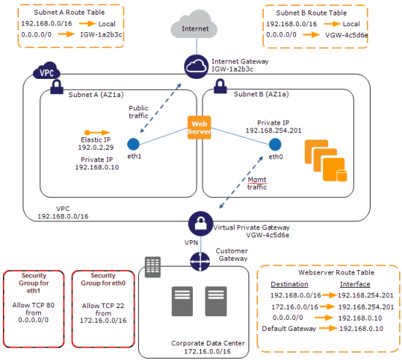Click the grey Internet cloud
point(194,25)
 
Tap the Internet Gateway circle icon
point(196,66)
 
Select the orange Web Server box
point(200,128)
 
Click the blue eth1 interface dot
point(133,145)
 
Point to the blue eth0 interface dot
point(275,145)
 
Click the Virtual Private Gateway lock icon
point(200,223)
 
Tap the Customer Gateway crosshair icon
point(200,261)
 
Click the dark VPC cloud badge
point(47,70)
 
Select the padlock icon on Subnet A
point(57,87)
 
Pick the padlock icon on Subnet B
point(220,86)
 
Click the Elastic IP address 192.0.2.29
point(96,148)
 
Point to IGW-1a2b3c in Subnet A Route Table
point(102,34)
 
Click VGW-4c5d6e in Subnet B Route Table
point(346,35)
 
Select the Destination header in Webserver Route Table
point(289,284)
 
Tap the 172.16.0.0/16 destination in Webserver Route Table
point(295,307)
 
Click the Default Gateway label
point(289,329)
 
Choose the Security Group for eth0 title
point(103,279)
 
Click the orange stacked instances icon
point(326,161)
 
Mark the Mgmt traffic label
point(257,183)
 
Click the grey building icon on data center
point(153,267)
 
